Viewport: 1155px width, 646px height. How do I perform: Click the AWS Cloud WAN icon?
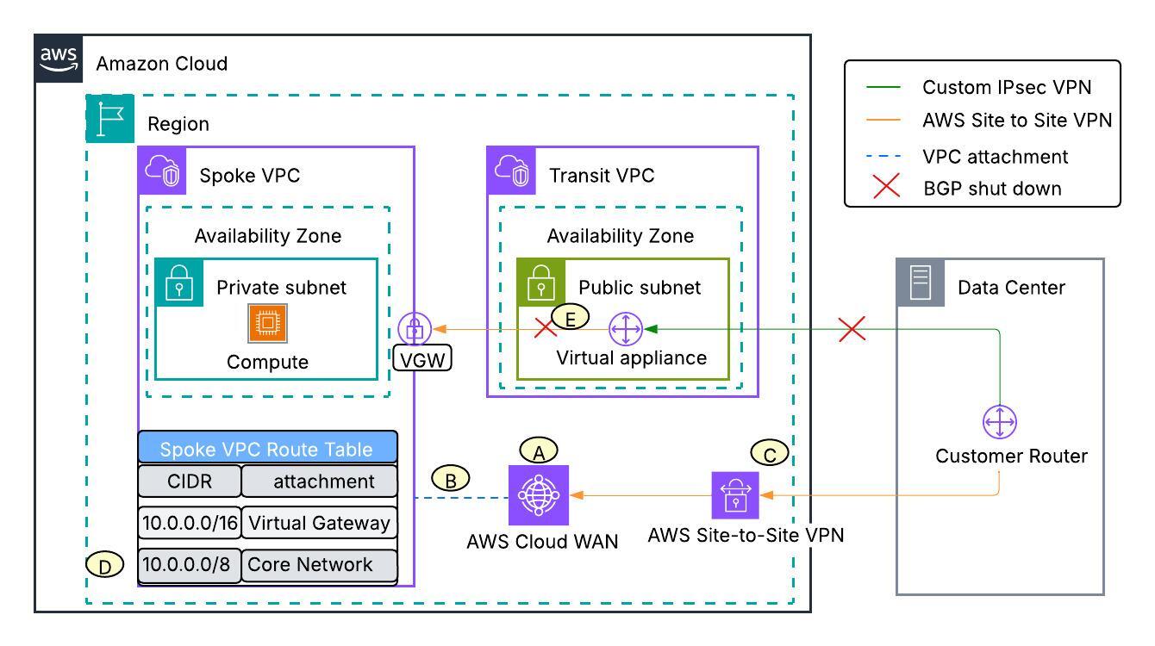[539, 495]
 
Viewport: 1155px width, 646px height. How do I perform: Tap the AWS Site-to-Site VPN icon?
[735, 495]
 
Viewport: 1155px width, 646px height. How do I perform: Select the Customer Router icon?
[1000, 423]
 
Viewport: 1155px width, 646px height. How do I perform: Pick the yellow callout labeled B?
[450, 479]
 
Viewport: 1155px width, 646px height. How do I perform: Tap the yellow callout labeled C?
[770, 452]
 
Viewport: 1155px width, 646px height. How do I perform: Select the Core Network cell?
[320, 564]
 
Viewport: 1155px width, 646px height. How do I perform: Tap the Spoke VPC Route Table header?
[267, 448]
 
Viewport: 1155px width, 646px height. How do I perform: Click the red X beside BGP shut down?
[887, 187]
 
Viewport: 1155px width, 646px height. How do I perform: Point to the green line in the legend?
[887, 87]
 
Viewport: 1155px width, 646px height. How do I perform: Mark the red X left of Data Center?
[852, 328]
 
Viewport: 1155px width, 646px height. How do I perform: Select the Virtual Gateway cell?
[320, 522]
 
